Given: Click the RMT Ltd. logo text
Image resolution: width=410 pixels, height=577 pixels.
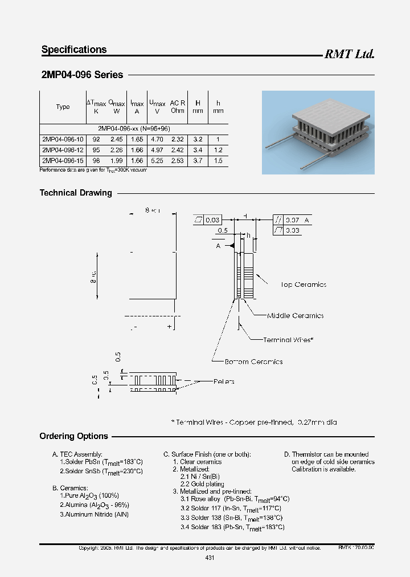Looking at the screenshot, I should click(x=349, y=54).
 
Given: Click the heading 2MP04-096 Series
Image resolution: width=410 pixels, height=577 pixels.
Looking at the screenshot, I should click(x=82, y=75).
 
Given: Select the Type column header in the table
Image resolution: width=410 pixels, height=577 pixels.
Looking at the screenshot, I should click(x=63, y=107).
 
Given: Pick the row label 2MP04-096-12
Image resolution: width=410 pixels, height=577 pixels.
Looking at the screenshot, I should click(x=63, y=150).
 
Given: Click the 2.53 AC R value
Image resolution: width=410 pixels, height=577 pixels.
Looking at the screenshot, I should click(x=178, y=161).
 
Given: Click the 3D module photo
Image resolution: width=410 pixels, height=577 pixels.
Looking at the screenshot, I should click(x=318, y=132).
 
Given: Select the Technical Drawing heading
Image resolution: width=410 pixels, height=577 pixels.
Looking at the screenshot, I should click(x=76, y=193).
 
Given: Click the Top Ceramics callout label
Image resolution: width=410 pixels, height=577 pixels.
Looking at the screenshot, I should click(x=303, y=285).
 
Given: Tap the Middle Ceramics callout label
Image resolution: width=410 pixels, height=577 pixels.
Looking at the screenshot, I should click(x=295, y=315).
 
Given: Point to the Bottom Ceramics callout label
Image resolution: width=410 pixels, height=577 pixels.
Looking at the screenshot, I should click(x=253, y=361).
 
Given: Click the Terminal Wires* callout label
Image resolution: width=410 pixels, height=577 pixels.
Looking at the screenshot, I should click(x=288, y=340).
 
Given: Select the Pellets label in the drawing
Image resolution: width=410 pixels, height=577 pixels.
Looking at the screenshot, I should click(x=224, y=381).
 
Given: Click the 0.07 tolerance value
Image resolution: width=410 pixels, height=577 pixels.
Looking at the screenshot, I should click(x=292, y=220).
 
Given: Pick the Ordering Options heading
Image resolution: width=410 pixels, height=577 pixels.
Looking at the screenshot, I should click(x=73, y=436).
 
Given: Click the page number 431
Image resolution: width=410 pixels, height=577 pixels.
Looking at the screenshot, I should click(x=209, y=558).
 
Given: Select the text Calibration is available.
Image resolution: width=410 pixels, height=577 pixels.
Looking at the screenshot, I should click(x=323, y=469).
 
